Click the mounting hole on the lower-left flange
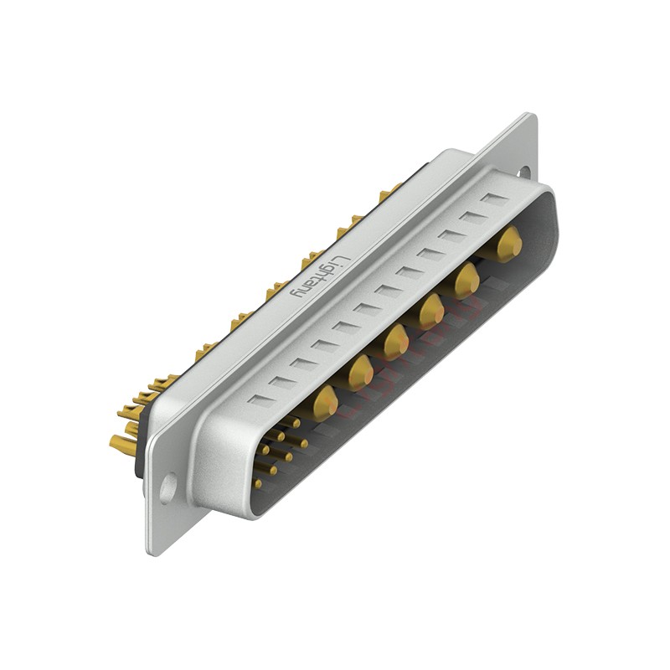[x=168, y=487]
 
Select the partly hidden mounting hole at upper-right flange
[x=524, y=172]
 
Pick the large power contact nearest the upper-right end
[x=508, y=244]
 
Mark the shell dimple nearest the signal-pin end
[x=260, y=400]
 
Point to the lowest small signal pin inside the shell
[x=257, y=483]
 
